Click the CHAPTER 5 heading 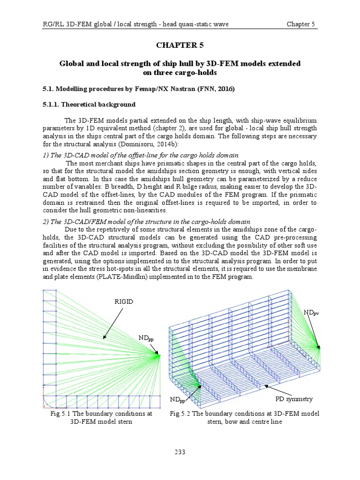(180, 45)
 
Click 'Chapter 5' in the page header (300, 24)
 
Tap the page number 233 (180, 452)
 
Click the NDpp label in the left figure (146, 338)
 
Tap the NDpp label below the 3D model (178, 400)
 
